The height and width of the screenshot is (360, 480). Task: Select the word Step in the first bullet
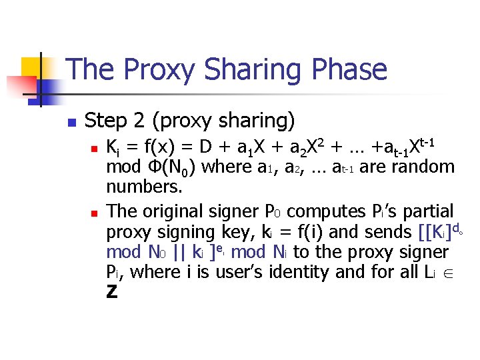[x=107, y=121]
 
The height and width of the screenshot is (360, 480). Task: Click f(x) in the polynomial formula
[x=158, y=147]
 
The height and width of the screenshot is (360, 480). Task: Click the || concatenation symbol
[x=178, y=253]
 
